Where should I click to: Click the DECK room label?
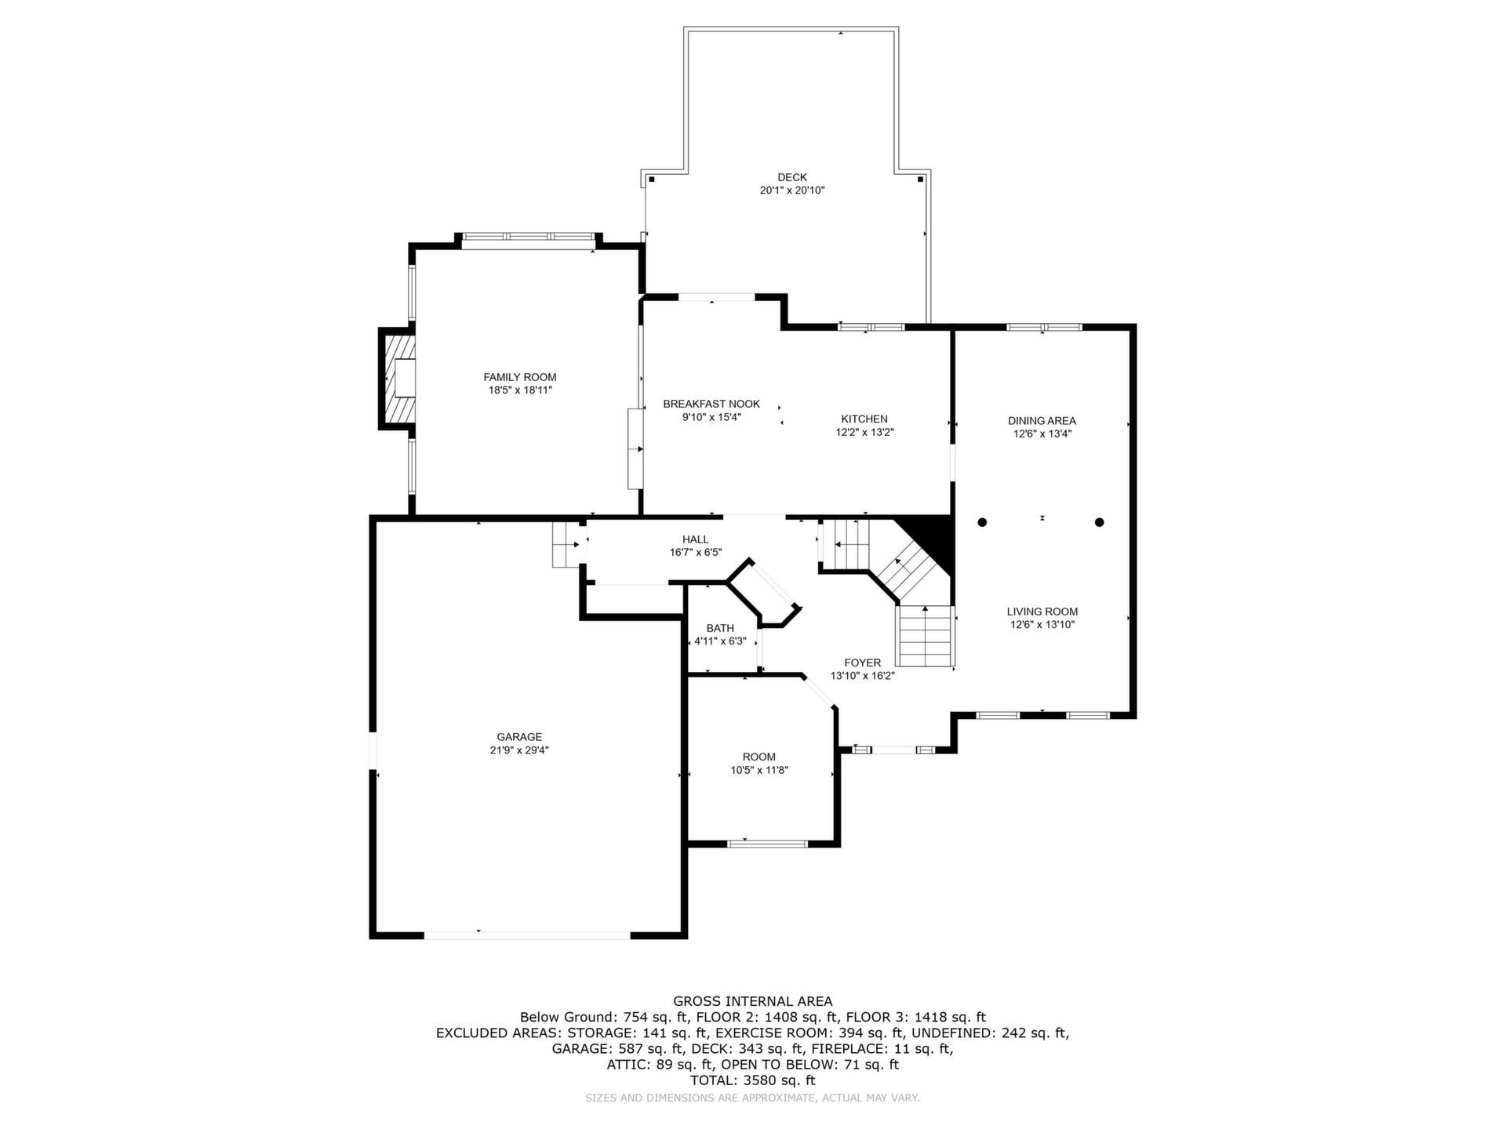(792, 177)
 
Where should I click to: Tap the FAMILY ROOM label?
(520, 377)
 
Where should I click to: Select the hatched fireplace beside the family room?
(399, 379)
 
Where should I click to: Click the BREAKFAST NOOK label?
(711, 404)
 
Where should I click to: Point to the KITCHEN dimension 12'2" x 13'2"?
(864, 432)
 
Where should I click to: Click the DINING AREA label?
(1042, 421)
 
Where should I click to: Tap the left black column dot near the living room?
(982, 522)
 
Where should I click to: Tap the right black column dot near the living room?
(1100, 522)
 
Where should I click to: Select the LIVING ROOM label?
(1042, 612)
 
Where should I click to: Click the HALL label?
(695, 539)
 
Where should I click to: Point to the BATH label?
(720, 628)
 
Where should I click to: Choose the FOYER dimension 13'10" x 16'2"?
(863, 676)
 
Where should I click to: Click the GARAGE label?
(519, 737)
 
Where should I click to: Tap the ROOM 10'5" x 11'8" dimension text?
(758, 770)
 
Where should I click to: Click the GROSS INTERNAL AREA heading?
(753, 1001)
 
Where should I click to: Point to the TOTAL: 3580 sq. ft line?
(753, 1080)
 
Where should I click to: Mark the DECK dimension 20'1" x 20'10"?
(792, 191)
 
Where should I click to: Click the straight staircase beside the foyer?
(926, 636)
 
